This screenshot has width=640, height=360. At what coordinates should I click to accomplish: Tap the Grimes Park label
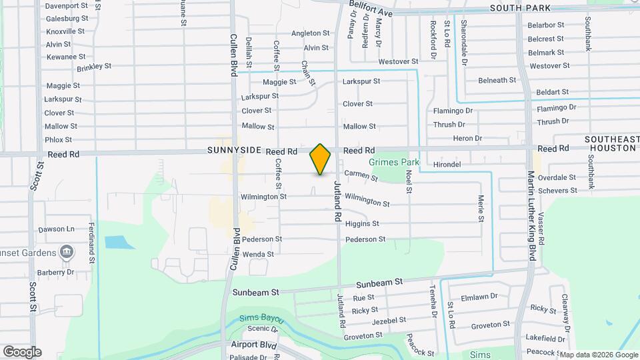pos(393,162)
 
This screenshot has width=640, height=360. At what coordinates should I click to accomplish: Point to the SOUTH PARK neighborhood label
pos(520,8)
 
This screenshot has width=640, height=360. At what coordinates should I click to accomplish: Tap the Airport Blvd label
pos(254,345)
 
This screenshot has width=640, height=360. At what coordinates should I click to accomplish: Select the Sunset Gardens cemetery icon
pos(66,252)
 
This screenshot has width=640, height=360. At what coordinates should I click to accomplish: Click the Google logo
pos(22,351)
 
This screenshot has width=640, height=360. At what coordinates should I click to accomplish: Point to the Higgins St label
pos(362,224)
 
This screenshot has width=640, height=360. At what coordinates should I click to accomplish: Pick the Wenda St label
pos(258,254)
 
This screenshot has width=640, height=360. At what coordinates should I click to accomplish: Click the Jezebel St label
pos(388,321)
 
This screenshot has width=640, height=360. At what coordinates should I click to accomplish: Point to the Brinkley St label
pos(94,67)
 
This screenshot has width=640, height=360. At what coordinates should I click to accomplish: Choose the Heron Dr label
pos(467,139)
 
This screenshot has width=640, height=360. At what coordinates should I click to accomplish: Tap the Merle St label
pos(481,209)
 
